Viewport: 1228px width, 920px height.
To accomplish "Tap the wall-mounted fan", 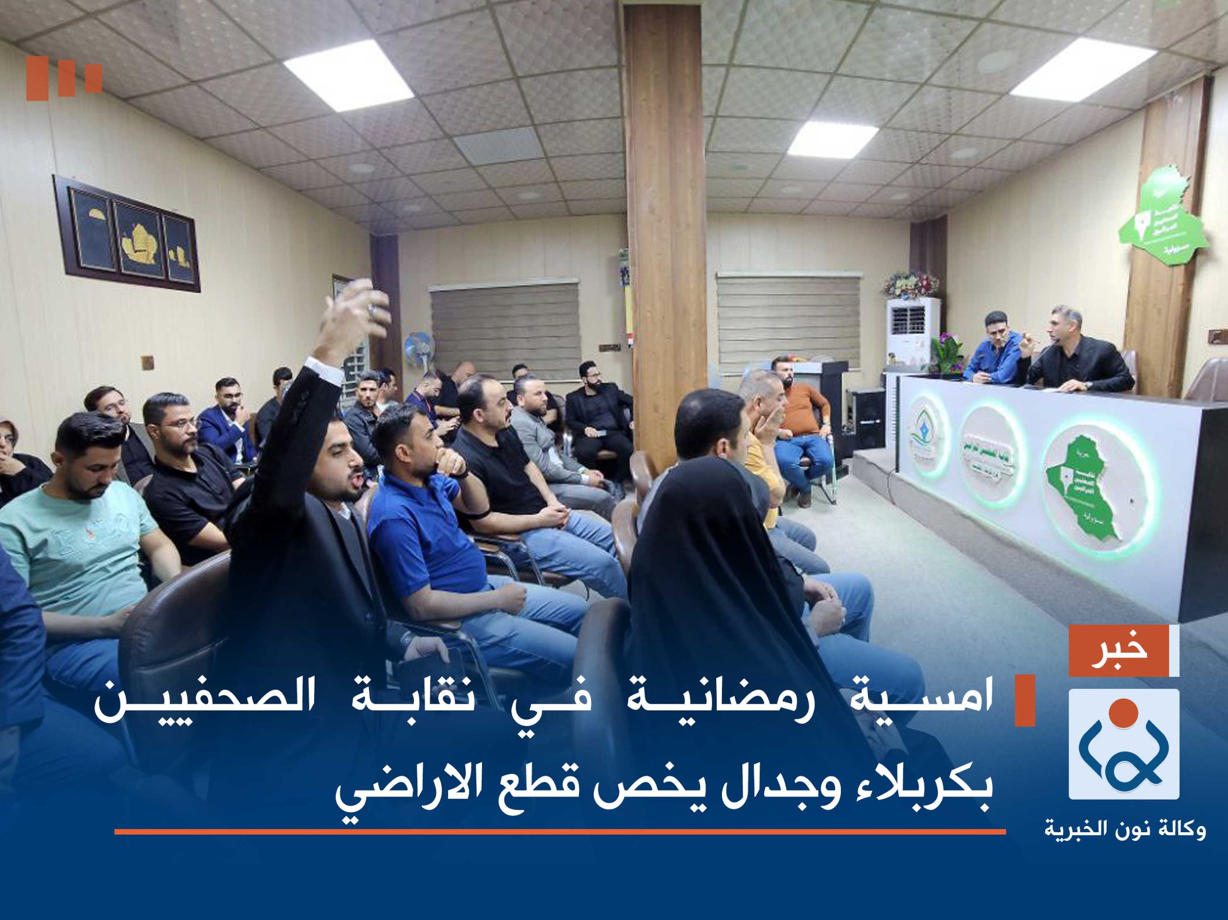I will (419, 348).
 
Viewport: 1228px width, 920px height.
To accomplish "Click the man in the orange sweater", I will (803, 413).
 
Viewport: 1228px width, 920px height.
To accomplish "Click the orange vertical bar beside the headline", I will (1025, 701).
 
